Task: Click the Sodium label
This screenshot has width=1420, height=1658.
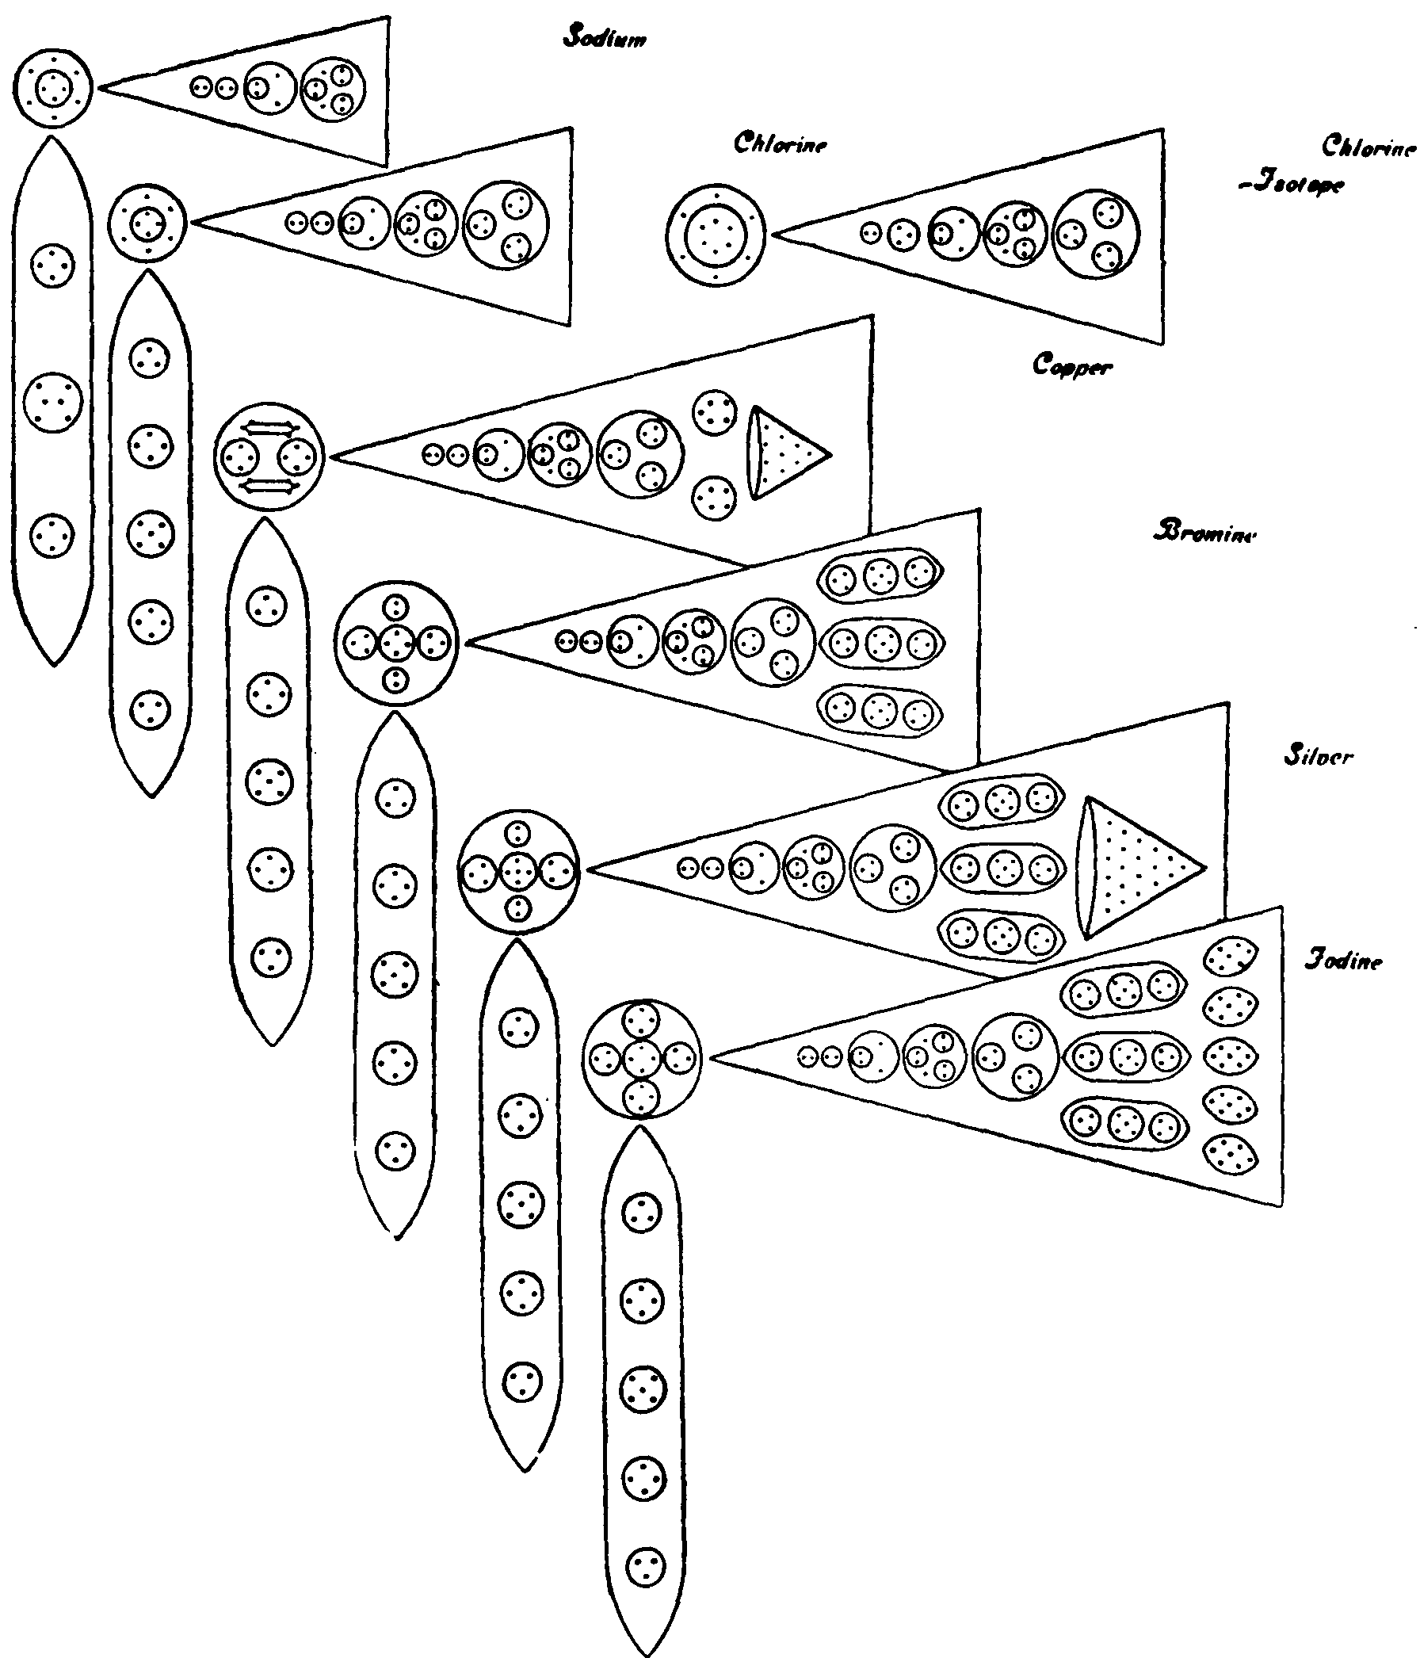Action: pyautogui.click(x=605, y=36)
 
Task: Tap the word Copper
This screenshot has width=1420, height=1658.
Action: pyautogui.click(x=1072, y=365)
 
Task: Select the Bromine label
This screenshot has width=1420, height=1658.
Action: pyautogui.click(x=1204, y=532)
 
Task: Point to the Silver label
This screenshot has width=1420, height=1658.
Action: pyautogui.click(x=1319, y=755)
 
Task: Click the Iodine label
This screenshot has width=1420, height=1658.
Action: pyautogui.click(x=1344, y=960)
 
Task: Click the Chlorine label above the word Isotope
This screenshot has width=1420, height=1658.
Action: pyautogui.click(x=1368, y=147)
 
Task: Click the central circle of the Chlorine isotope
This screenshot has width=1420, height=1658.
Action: pyautogui.click(x=716, y=235)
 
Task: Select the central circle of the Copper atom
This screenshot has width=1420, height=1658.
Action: pyautogui.click(x=269, y=457)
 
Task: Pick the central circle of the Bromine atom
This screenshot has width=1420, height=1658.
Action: pyautogui.click(x=396, y=643)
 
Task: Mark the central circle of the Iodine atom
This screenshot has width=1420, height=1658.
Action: pyautogui.click(x=641, y=1059)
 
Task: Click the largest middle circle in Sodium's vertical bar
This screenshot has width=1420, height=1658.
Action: pyautogui.click(x=53, y=402)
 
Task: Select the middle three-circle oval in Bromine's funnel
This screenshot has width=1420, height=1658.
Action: pyautogui.click(x=882, y=643)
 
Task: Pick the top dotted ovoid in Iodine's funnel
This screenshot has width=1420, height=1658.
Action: pyautogui.click(x=1231, y=957)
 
